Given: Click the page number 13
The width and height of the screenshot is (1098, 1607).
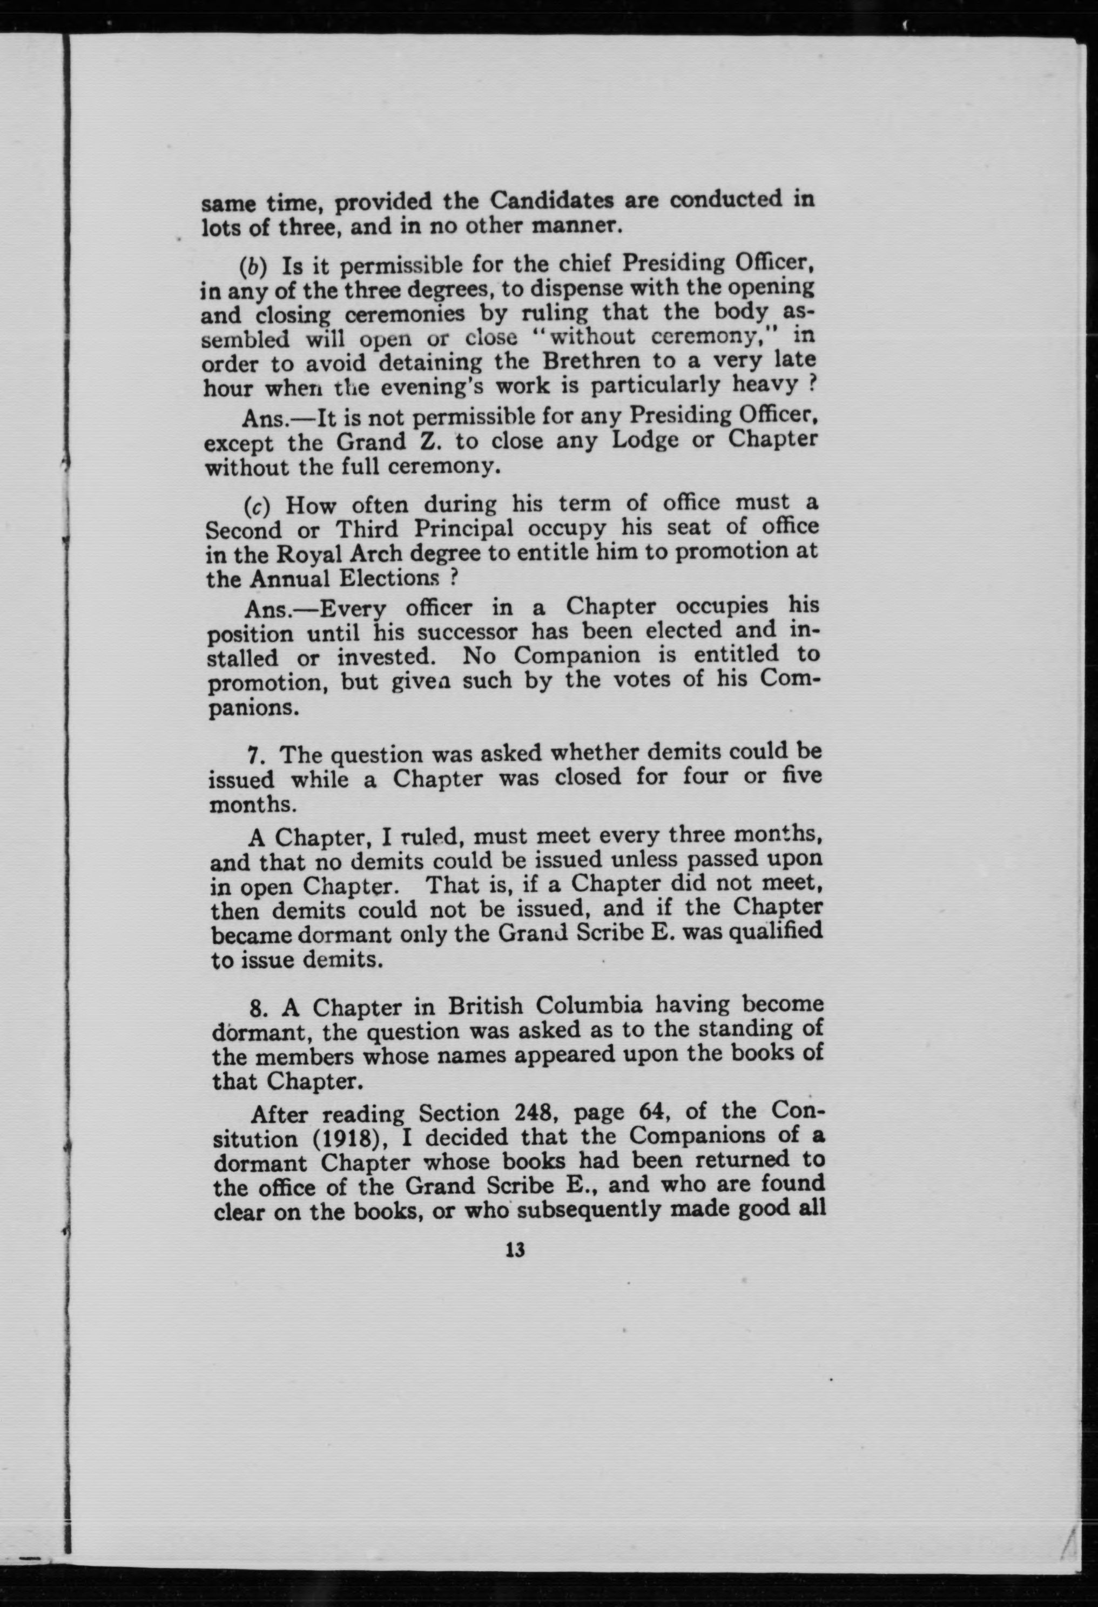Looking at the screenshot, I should click(516, 1250).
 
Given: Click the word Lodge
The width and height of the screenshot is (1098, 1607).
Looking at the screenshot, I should click(646, 441).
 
